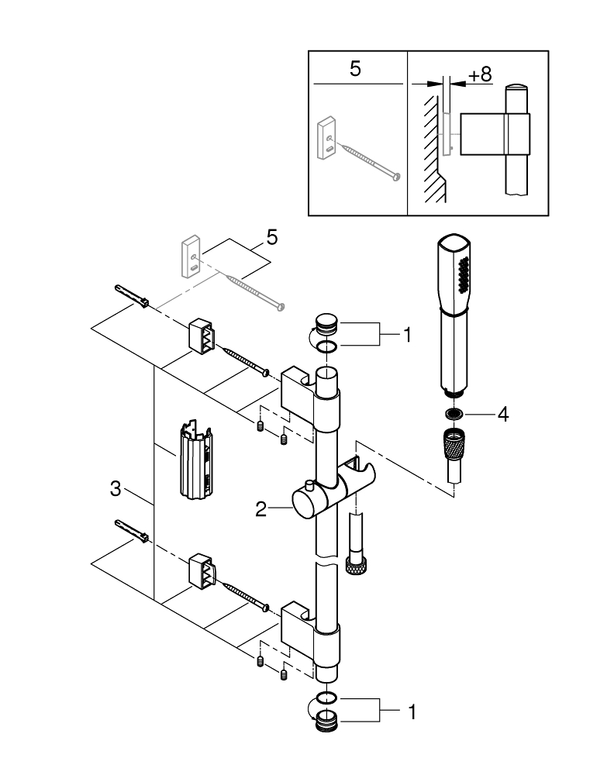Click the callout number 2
pyautogui.click(x=261, y=509)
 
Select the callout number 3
pyautogui.click(x=116, y=489)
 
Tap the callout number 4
pyautogui.click(x=502, y=414)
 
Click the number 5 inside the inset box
pyautogui.click(x=355, y=69)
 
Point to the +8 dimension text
pyautogui.click(x=480, y=74)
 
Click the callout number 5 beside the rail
pyautogui.click(x=271, y=236)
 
